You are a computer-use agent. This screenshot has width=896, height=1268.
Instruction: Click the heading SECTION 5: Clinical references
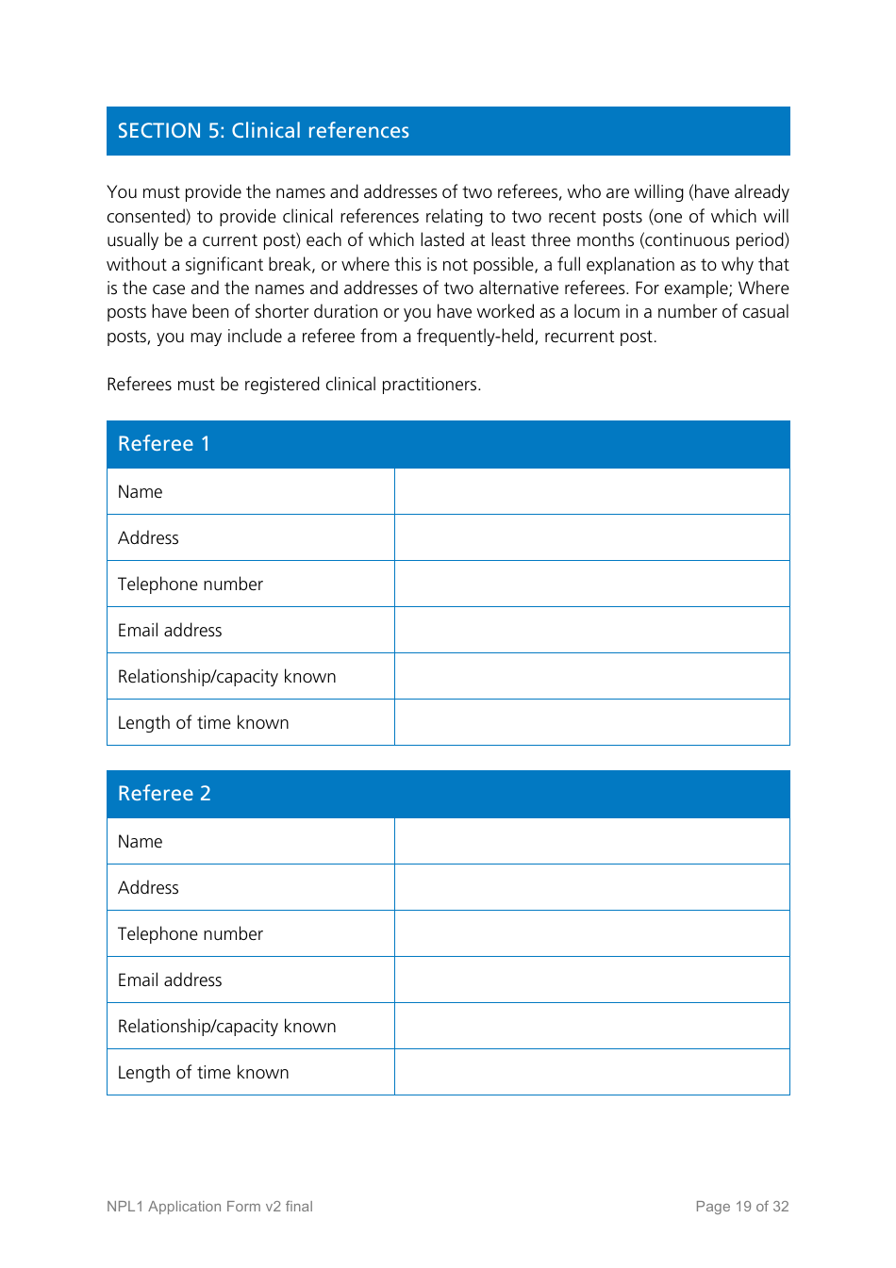tap(263, 131)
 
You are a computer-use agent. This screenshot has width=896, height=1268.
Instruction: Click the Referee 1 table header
tap(164, 444)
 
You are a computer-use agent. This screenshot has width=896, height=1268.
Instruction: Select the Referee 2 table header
tap(164, 794)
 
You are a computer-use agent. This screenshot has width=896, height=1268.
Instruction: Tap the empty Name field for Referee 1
tap(591, 492)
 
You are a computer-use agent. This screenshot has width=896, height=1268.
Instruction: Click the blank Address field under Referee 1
tap(591, 538)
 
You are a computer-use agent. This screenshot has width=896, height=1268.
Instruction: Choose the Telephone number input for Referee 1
tap(591, 585)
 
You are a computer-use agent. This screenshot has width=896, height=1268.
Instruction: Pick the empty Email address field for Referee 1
tap(591, 631)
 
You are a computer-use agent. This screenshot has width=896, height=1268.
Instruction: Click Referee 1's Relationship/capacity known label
tap(226, 677)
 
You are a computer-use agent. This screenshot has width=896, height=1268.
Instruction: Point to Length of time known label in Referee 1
tap(203, 723)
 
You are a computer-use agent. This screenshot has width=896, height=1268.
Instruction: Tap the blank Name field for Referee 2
tap(591, 842)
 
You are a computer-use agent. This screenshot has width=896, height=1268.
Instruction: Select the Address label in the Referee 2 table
tap(148, 888)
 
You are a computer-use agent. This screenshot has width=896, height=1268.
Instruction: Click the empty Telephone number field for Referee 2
tap(591, 934)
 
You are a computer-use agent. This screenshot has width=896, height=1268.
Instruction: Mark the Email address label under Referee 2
tap(170, 980)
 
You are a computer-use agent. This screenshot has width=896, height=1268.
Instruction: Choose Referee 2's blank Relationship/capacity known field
tap(591, 1027)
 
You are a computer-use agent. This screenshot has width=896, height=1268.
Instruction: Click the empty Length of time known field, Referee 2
tap(591, 1073)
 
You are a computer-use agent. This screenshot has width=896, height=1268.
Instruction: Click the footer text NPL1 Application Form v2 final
tap(209, 1207)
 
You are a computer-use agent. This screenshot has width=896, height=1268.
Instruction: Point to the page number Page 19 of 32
tap(741, 1207)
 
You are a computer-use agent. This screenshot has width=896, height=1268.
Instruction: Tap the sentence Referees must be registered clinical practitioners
tap(293, 385)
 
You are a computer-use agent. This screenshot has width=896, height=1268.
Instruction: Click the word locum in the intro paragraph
tap(596, 312)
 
